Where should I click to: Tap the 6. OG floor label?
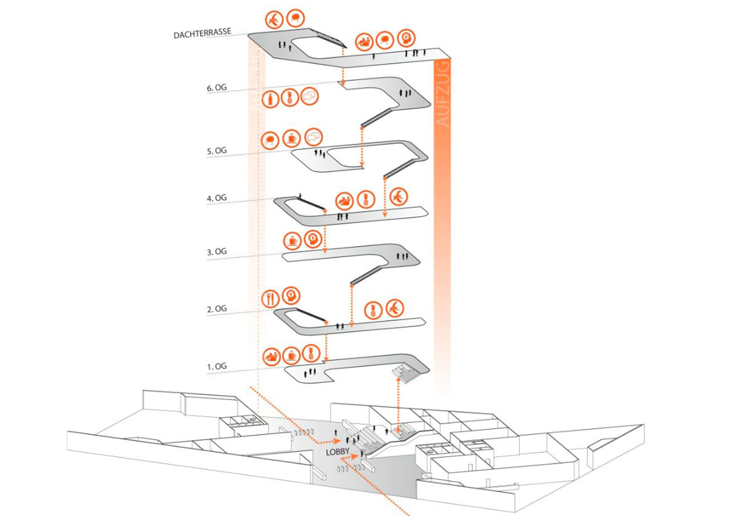click(217, 88)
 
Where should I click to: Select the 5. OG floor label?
click(217, 150)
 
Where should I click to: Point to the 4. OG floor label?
click(217, 198)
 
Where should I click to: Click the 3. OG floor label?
click(217, 252)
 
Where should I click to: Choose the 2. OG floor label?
click(217, 308)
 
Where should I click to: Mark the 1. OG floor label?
click(217, 366)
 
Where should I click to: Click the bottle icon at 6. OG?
click(270, 98)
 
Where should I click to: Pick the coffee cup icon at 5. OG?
click(291, 139)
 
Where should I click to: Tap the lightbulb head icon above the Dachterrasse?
click(405, 38)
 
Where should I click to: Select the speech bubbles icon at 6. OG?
click(310, 97)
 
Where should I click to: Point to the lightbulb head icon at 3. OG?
click(314, 239)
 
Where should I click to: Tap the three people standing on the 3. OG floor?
click(403, 255)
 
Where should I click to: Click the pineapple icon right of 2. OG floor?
click(373, 310)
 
